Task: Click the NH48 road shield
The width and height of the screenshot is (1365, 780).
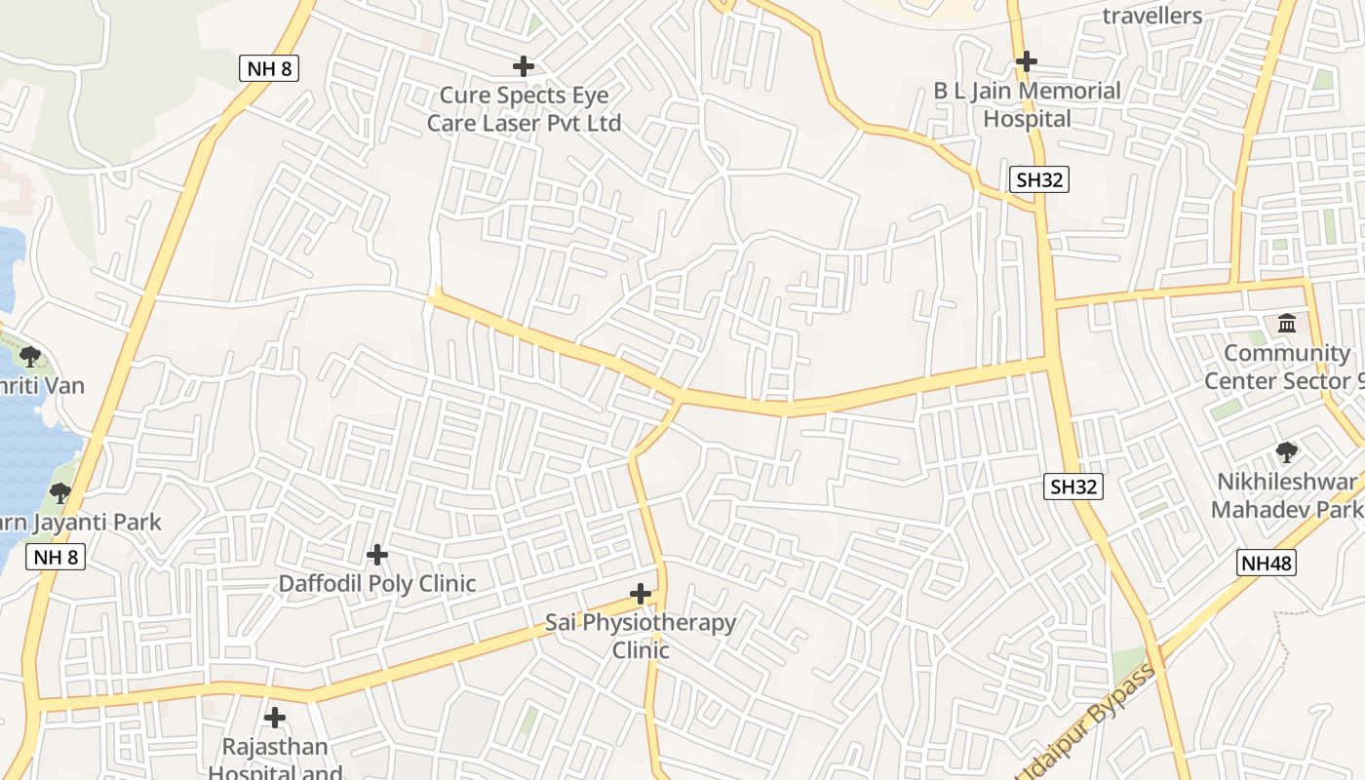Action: point(1267,563)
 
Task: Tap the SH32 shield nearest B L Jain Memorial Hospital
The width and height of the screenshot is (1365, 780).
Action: point(1039,179)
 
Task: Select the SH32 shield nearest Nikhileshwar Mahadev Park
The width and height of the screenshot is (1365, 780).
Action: point(1074,487)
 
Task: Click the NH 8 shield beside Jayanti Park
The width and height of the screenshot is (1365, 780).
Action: point(56,557)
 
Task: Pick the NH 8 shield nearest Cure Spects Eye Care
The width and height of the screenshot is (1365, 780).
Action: point(268,68)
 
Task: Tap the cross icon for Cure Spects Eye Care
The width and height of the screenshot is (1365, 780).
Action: point(524,66)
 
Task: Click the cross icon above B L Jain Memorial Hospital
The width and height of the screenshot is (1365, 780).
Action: point(1026,61)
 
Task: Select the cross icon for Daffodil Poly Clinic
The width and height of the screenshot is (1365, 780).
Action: point(377,555)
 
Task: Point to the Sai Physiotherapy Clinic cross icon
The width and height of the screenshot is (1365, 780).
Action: point(641,593)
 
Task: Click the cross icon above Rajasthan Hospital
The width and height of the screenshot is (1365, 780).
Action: point(275,718)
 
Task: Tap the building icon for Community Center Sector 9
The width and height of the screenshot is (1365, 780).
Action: point(1287,323)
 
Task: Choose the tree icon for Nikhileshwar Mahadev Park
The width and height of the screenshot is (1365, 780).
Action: point(1287,451)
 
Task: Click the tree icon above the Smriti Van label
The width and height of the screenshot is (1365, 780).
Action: point(30,356)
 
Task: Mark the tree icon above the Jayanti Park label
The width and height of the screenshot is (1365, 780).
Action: point(60,492)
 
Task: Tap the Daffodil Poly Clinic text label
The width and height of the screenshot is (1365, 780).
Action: point(377,584)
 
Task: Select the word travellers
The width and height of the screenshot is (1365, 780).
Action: point(1151,16)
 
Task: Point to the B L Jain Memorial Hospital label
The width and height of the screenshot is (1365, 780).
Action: point(1028,105)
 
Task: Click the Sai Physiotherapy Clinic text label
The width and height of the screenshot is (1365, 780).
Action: point(641,636)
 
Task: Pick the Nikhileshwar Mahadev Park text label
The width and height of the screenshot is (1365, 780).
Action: point(1287,495)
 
